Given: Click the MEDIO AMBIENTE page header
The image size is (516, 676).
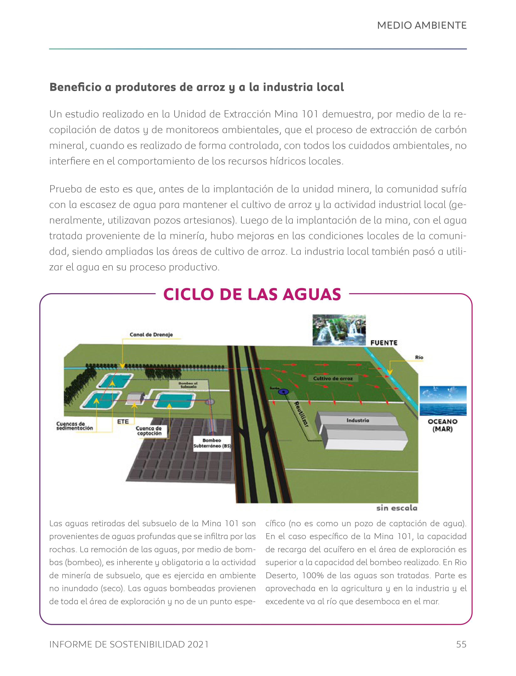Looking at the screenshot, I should [x=422, y=26].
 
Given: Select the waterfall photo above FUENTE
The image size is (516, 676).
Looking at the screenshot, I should [x=339, y=330].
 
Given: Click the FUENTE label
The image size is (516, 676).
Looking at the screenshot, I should [x=384, y=343].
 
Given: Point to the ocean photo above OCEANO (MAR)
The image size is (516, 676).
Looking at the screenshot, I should [x=443, y=401].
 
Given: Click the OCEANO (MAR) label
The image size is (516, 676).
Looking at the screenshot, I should [x=443, y=425].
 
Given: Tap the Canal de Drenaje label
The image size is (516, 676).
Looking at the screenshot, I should [x=151, y=335].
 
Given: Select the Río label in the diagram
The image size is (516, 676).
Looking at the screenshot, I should [x=419, y=357].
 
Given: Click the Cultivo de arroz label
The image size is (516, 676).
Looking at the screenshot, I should [x=333, y=378].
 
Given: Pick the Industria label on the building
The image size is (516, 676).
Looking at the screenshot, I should [x=358, y=420].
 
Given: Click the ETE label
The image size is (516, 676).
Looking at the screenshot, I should [x=123, y=422].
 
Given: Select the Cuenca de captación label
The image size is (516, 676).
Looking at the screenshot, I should [x=149, y=431].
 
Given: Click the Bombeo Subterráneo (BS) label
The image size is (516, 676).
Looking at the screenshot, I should [x=212, y=443].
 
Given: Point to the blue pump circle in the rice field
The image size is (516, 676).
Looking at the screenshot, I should [x=284, y=391].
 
